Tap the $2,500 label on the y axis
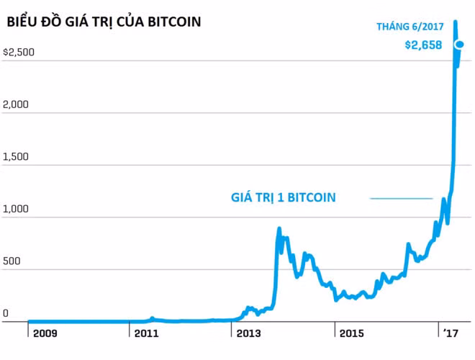[19, 53]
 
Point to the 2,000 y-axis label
[16, 104]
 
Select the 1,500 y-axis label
[16, 157]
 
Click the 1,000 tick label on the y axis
[16, 210]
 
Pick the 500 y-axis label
[11, 262]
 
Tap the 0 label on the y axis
[6, 314]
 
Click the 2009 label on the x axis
[45, 334]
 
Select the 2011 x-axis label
[147, 334]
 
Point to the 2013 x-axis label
[248, 334]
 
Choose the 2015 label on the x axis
[351, 334]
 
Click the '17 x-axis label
[451, 334]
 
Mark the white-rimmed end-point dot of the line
[460, 45]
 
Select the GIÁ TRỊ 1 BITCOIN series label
[283, 197]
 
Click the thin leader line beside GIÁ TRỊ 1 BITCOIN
[401, 198]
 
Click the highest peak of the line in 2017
[454, 22]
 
